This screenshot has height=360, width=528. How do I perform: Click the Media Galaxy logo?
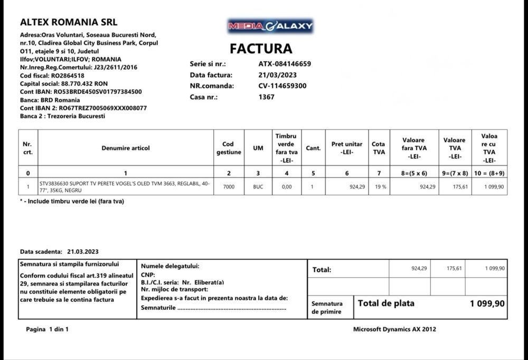point(270,25)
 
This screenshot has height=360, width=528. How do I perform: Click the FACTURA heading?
point(261,49)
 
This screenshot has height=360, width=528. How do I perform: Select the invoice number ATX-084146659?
point(285,64)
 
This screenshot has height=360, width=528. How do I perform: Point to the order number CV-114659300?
point(282,86)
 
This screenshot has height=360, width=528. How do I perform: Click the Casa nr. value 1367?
point(266,97)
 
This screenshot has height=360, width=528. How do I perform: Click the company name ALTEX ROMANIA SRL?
point(69,22)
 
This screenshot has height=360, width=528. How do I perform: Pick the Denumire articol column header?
point(126,148)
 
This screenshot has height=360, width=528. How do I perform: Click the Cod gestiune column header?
point(229,148)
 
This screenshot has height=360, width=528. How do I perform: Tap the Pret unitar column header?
point(347,148)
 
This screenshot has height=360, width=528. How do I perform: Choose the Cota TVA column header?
point(379,148)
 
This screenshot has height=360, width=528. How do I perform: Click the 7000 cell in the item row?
point(229,187)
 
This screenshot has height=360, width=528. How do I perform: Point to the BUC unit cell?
point(258,187)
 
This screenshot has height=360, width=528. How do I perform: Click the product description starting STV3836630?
point(125,187)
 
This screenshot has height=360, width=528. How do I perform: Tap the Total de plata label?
point(386,304)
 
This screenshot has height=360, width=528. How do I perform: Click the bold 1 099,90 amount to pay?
point(487,304)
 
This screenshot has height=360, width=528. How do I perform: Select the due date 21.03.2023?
point(83,252)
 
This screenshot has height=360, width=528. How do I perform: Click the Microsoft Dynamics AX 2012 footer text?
point(394,329)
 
